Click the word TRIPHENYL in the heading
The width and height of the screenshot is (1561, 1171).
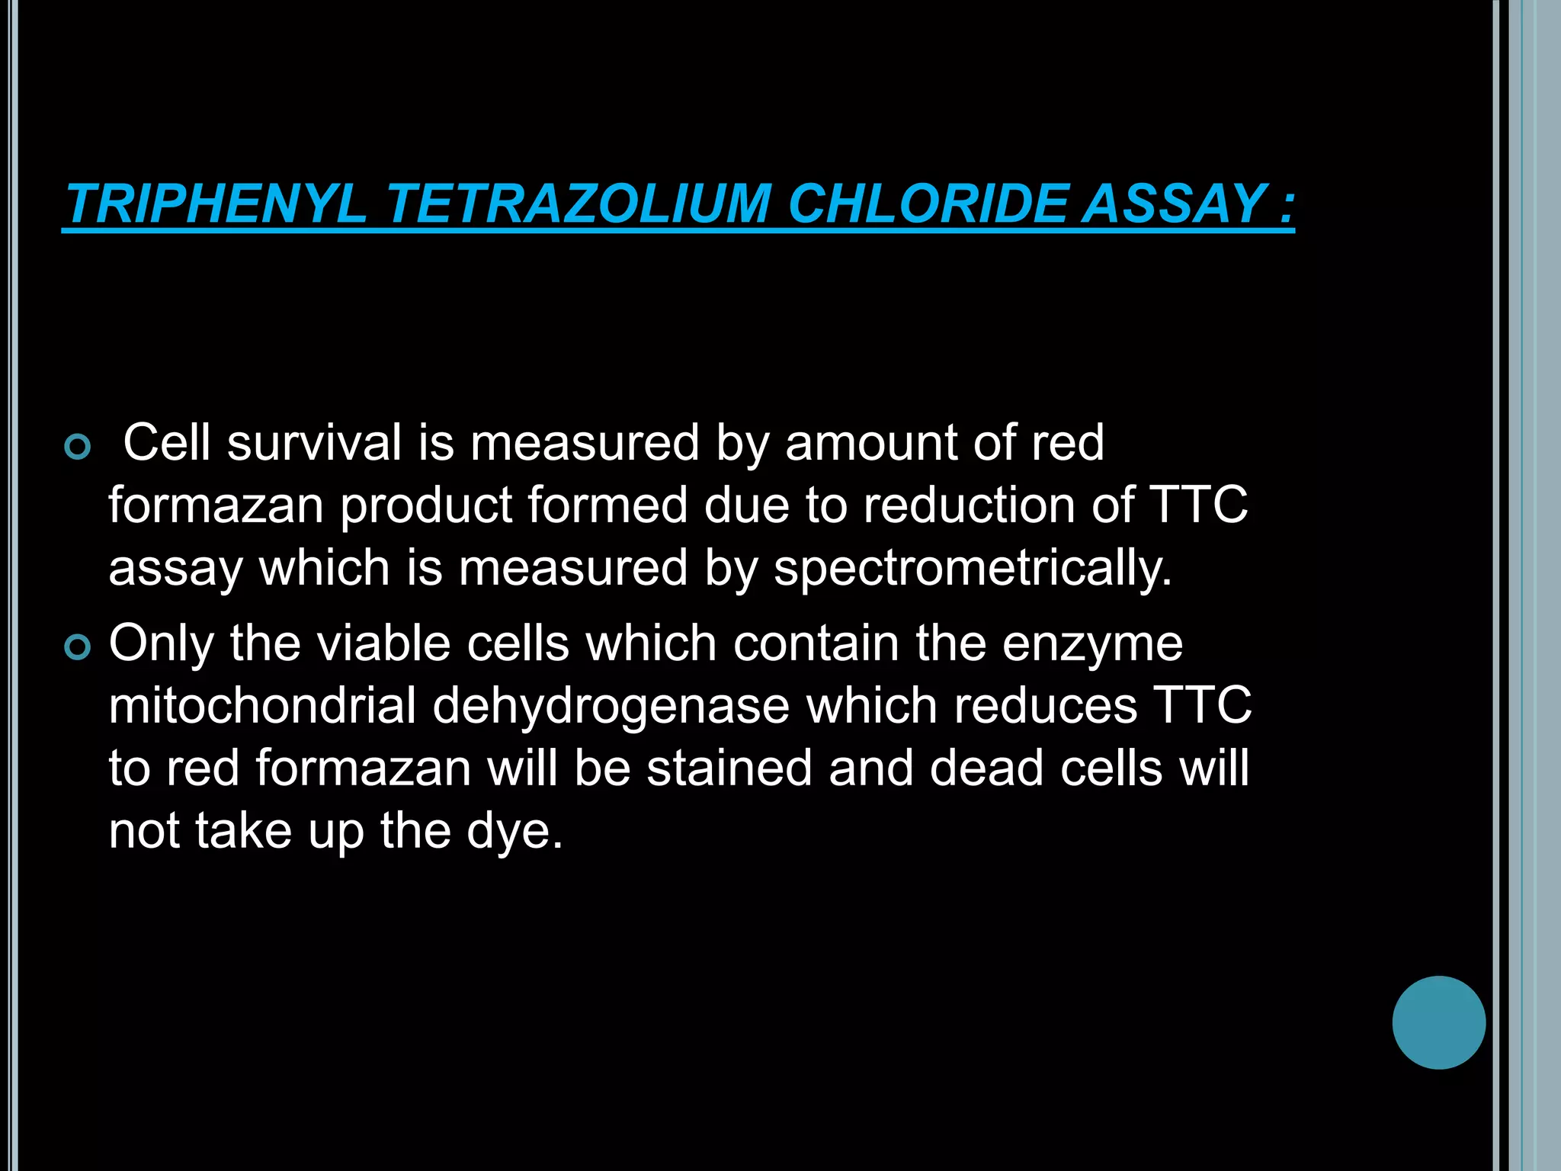tap(216, 204)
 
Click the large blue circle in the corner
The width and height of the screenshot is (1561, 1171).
tap(1438, 1022)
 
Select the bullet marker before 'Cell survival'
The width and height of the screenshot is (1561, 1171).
tap(78, 447)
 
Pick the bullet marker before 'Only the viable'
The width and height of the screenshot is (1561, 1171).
tap(78, 647)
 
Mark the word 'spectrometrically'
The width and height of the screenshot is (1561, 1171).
tap(972, 569)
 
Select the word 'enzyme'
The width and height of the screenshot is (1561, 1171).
tap(1092, 644)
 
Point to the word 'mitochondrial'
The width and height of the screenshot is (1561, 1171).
tap(262, 705)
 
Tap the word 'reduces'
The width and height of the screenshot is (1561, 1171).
tap(1046, 705)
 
